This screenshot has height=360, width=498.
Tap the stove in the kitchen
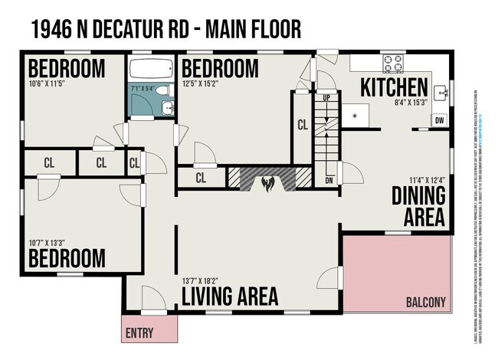[x=393, y=63]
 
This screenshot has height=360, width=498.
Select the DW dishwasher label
[x=439, y=120]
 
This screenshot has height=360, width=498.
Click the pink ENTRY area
[x=149, y=332]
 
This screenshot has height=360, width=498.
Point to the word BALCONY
[x=425, y=302]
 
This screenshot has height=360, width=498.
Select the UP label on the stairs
[x=327, y=99]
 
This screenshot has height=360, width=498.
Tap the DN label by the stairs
[x=329, y=181]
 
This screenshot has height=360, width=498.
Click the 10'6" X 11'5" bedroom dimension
[x=48, y=83]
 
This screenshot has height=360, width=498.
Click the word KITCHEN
[x=394, y=85]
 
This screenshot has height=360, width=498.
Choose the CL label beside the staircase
[x=302, y=125]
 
